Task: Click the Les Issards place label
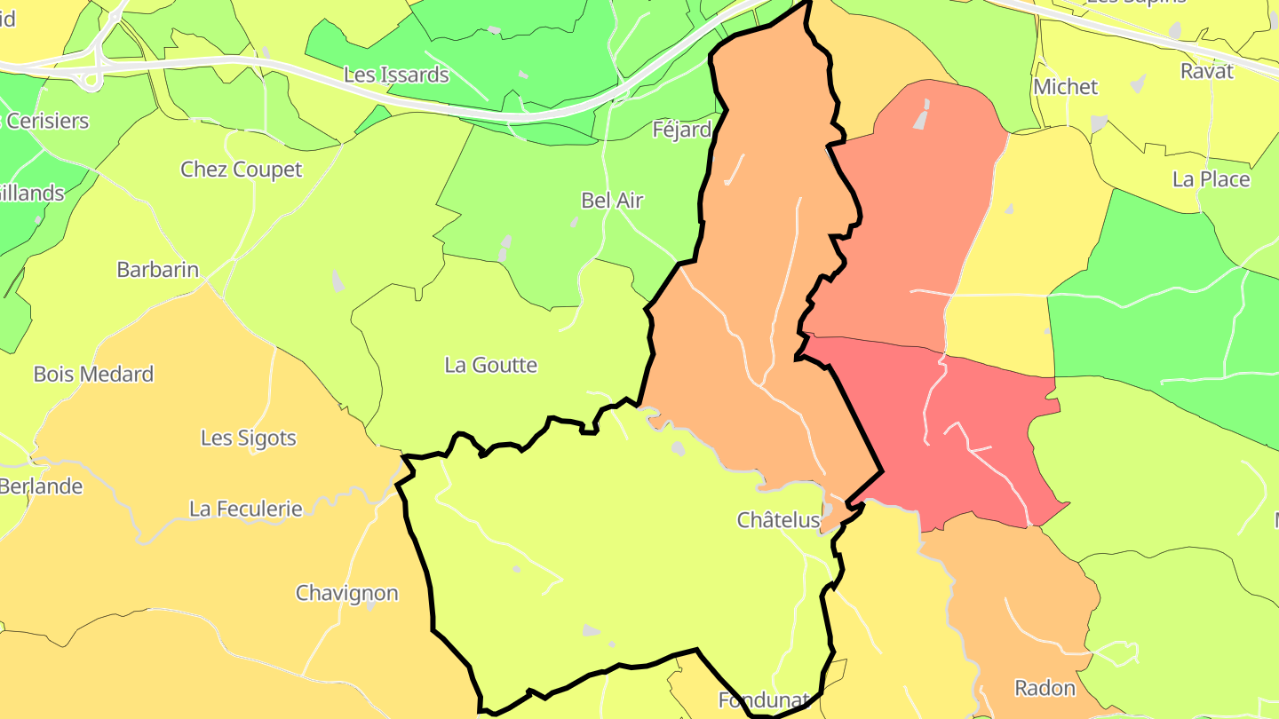[396, 75]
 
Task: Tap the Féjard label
[681, 130]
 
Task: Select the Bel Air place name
[612, 201]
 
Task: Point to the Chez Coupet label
[242, 170]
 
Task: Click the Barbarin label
[158, 270]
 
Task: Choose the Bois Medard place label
[93, 375]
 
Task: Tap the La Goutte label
[491, 365]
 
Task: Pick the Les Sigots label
[249, 439]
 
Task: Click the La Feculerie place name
[246, 510]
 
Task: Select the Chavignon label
[347, 593]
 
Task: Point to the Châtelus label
[778, 521]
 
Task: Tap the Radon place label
[1045, 688]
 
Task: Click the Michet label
[1066, 87]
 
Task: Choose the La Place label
[1211, 179]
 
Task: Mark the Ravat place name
[1207, 72]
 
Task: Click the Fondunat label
[763, 700]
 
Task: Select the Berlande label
[41, 486]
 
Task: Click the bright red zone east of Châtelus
[959, 435]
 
